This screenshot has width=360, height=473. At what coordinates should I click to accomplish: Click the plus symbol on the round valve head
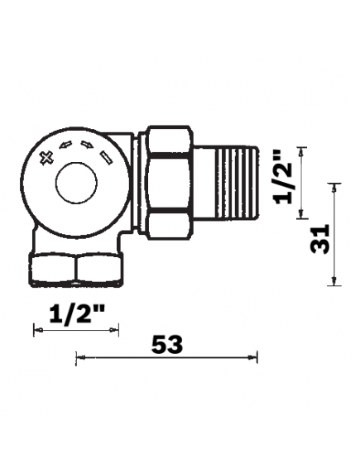tap(47, 155)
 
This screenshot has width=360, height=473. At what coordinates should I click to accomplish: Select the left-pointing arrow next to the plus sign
tap(67, 148)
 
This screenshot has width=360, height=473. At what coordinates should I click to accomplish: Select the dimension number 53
tap(168, 343)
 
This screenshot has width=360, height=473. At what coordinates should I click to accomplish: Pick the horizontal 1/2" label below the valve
tap(75, 314)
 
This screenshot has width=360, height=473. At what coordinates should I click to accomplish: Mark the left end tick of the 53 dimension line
tap(76, 357)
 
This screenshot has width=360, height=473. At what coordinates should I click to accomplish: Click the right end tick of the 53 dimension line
tap(258, 357)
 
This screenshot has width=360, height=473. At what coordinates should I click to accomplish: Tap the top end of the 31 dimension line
tap(334, 183)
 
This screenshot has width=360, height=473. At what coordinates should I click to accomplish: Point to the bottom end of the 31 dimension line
tap(334, 286)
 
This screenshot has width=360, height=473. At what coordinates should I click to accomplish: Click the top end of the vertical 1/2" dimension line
tap(303, 147)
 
